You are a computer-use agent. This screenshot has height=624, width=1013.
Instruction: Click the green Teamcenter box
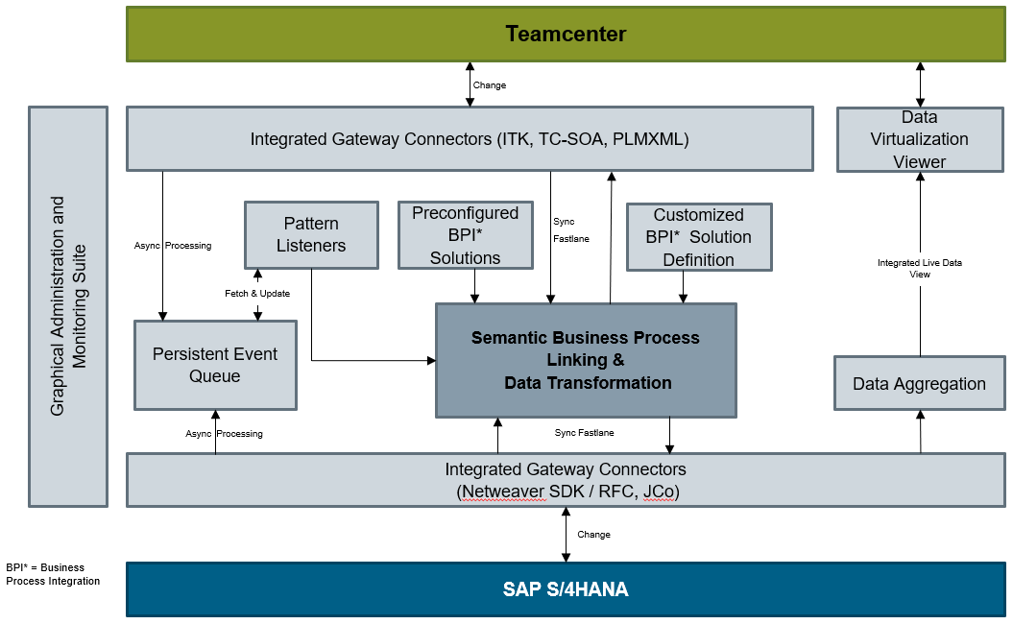pyautogui.click(x=566, y=35)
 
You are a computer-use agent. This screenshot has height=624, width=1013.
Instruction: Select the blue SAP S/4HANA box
pyautogui.click(x=566, y=588)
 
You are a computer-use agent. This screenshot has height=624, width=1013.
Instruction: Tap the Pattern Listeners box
pyautogui.click(x=311, y=234)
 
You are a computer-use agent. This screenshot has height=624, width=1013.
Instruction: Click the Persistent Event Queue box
pyautogui.click(x=215, y=365)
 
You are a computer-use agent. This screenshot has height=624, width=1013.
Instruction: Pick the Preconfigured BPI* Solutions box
pyautogui.click(x=465, y=235)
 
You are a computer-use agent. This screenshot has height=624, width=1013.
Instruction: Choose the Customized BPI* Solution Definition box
pyautogui.click(x=698, y=237)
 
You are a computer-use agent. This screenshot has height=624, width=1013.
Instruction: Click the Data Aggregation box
pyautogui.click(x=919, y=384)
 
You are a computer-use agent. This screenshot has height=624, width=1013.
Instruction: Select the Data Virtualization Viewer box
pyautogui.click(x=919, y=139)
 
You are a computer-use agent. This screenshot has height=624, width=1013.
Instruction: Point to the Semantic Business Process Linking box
pyautogui.click(x=586, y=360)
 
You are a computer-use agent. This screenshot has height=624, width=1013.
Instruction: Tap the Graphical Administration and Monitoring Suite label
pyautogui.click(x=68, y=306)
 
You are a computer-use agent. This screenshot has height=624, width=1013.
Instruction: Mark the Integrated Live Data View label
pyautogui.click(x=919, y=268)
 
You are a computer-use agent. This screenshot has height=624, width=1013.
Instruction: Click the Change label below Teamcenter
pyautogui.click(x=490, y=85)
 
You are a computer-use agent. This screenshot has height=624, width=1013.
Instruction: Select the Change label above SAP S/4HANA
pyautogui.click(x=593, y=535)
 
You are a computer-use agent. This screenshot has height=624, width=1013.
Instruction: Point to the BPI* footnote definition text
pyautogui.click(x=53, y=574)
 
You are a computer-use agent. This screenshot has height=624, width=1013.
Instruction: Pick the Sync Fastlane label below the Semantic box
pyautogui.click(x=584, y=433)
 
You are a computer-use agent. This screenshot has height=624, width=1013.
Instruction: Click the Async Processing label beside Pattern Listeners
pyautogui.click(x=173, y=246)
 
